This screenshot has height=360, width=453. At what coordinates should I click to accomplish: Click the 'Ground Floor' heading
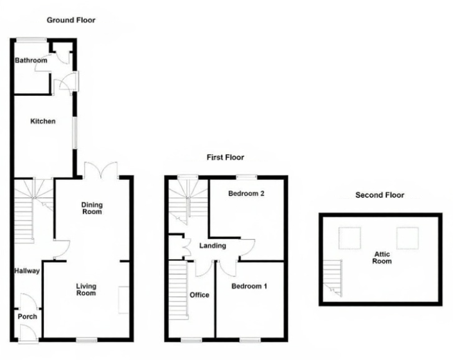pyautogui.click(x=71, y=20)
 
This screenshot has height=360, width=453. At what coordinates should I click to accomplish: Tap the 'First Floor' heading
pyautogui.click(x=225, y=157)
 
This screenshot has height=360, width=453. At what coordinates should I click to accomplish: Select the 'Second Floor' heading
pyautogui.click(x=380, y=195)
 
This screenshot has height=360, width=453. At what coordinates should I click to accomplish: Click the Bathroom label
pyautogui.click(x=31, y=60)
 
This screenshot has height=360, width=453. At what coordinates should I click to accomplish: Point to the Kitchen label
pyautogui.click(x=42, y=121)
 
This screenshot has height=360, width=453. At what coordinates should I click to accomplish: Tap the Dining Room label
pyautogui.click(x=91, y=208)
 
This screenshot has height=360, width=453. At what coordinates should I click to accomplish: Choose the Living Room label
pyautogui.click(x=85, y=289)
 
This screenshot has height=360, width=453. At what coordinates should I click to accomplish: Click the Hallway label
pyautogui.click(x=27, y=271)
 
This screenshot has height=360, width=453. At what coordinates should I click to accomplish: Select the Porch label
pyautogui.click(x=27, y=316)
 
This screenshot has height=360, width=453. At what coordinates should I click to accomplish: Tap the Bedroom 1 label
pyautogui.click(x=249, y=286)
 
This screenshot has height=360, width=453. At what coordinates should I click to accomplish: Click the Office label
pyautogui.click(x=199, y=295)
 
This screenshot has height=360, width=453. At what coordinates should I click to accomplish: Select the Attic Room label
pyautogui.click(x=382, y=258)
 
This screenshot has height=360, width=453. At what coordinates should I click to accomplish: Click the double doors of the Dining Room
pyautogui.click(x=100, y=170)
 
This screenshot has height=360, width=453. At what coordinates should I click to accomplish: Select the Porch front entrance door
pyautogui.click(x=27, y=332)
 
